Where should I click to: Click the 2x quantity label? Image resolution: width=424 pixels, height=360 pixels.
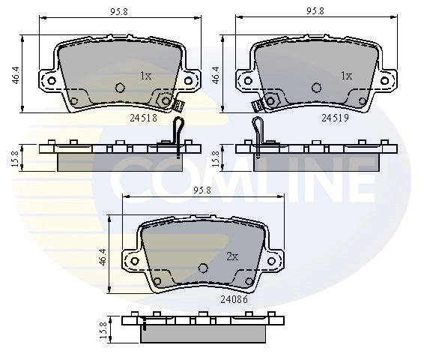tap(232, 256)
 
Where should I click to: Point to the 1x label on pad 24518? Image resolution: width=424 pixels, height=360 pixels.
tap(146, 76)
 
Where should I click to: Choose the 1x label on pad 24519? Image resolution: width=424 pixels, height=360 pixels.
tap(346, 76)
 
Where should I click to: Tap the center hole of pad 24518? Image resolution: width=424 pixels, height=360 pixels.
tap(118, 86)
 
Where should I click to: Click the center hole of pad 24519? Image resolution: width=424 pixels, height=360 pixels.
tap(315, 86)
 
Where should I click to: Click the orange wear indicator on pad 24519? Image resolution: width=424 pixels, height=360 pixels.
tap(255, 105)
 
